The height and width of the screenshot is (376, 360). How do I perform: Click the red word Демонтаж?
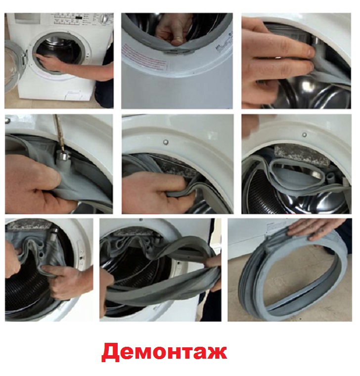tap(164, 352)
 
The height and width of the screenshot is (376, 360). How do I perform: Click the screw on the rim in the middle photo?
tap(165, 142)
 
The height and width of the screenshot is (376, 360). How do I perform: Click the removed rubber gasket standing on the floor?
tap(292, 277)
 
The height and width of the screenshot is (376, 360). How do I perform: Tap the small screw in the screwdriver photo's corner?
tap(8, 120)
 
